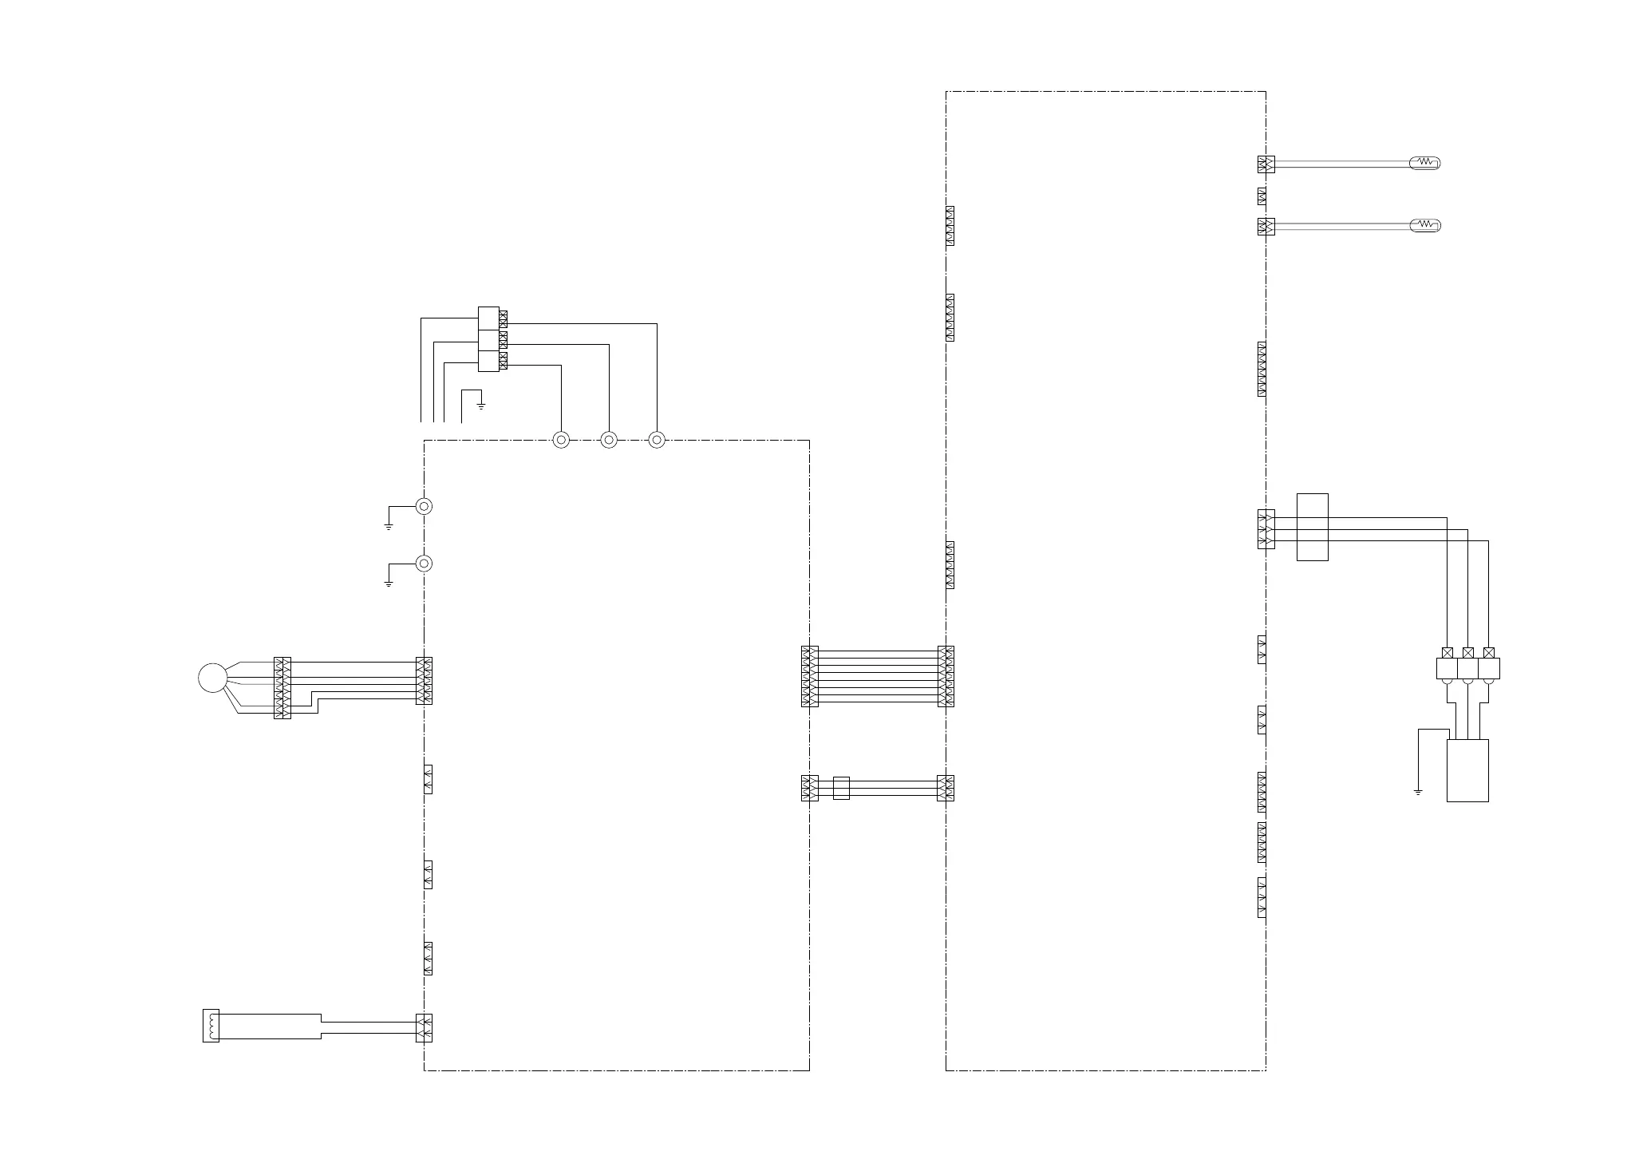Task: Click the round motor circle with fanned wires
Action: pos(212,678)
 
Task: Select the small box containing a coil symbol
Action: pos(211,1025)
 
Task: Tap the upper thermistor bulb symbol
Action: pos(1425,164)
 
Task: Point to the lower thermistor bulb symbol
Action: pos(1425,226)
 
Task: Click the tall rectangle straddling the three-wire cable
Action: pos(1312,527)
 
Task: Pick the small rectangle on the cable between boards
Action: pos(841,788)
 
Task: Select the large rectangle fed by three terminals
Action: pos(1467,770)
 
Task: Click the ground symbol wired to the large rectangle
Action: pos(1418,792)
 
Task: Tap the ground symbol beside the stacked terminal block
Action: pos(481,406)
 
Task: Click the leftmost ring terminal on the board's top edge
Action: pos(561,440)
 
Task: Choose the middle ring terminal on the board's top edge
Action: pos(609,440)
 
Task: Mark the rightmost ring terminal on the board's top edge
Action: pos(657,440)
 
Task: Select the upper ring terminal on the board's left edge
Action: pos(425,506)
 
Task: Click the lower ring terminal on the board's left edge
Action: pos(425,564)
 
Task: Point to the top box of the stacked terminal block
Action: pos(488,318)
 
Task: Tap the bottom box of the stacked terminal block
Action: pos(488,361)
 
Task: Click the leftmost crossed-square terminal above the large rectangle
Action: pos(1448,653)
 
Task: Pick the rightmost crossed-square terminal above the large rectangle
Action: pos(1489,653)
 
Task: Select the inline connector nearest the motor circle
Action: pos(282,688)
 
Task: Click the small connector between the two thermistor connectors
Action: pos(1262,196)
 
